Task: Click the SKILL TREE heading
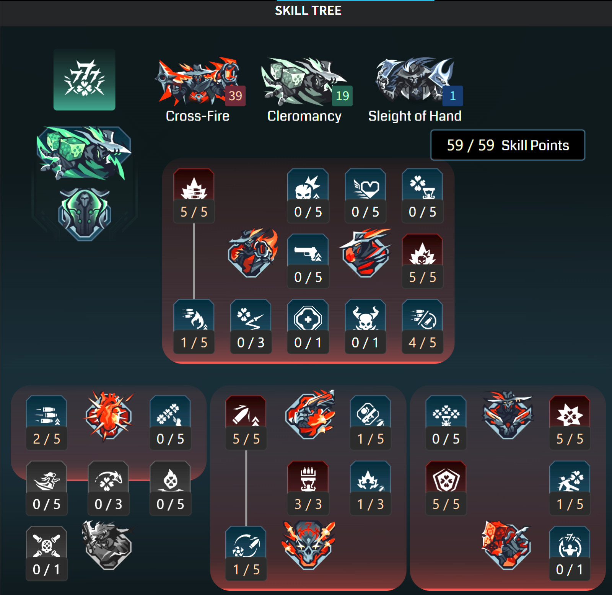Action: [308, 10]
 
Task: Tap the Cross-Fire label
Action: [197, 116]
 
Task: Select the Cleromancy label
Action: [304, 116]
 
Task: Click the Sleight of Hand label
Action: [415, 116]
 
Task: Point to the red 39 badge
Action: [235, 96]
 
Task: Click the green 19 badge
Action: [342, 96]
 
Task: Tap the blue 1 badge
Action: [452, 96]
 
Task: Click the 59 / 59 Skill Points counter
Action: [508, 145]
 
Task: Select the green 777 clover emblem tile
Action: [85, 80]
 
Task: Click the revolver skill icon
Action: [308, 250]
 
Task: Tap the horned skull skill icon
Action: [365, 315]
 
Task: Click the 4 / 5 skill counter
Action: [422, 342]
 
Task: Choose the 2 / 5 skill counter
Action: [47, 439]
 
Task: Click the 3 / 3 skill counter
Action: [308, 504]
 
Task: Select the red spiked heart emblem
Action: [109, 416]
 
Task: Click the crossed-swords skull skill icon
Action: [47, 542]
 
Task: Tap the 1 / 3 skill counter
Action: [370, 504]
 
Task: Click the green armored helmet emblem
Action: [85, 214]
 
